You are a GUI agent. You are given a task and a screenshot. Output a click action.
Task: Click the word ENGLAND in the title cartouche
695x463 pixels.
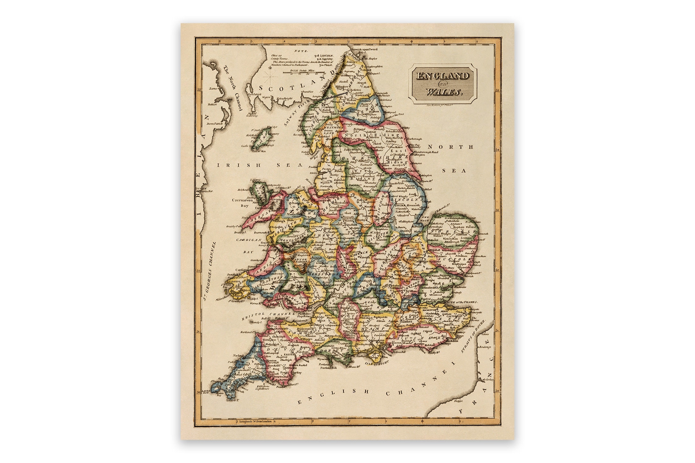[x=442, y=76]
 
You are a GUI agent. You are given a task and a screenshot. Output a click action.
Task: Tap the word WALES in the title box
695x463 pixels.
[x=443, y=92]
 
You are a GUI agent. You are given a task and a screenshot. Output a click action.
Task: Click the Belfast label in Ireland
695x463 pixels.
[x=213, y=104]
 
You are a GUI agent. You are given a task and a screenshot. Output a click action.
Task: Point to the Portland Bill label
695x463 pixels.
[x=328, y=368]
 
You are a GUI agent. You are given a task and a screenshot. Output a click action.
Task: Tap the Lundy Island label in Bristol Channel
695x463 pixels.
[x=254, y=322]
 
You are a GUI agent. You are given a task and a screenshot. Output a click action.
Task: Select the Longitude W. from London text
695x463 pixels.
[x=255, y=421]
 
